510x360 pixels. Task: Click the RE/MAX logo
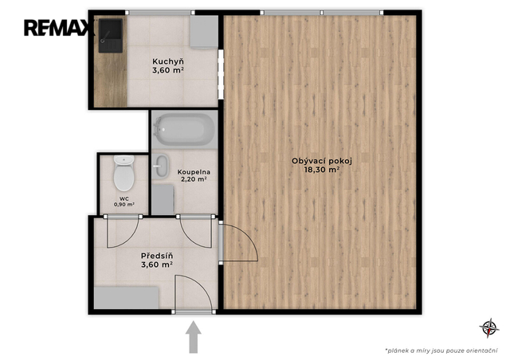click(x=59, y=28)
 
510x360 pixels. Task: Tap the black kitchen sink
click(x=111, y=36)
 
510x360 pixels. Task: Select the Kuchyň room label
click(x=168, y=61)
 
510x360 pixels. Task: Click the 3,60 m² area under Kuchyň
click(x=168, y=70)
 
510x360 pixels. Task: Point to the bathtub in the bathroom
click(x=184, y=130)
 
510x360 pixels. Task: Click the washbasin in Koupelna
click(x=161, y=166)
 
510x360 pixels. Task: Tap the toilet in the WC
click(x=124, y=173)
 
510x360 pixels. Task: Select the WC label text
click(x=124, y=198)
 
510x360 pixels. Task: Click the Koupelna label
click(x=194, y=172)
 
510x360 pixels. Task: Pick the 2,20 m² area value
click(x=194, y=179)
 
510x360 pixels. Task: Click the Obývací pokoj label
click(x=322, y=161)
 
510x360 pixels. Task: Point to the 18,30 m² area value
click(x=322, y=170)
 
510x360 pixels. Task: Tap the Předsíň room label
click(x=157, y=256)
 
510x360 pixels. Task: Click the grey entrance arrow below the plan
click(x=194, y=337)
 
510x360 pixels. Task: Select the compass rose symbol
click(x=488, y=328)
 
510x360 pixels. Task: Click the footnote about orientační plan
click(x=441, y=350)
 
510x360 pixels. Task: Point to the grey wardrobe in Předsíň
click(x=126, y=298)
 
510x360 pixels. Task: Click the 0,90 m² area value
click(x=124, y=205)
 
